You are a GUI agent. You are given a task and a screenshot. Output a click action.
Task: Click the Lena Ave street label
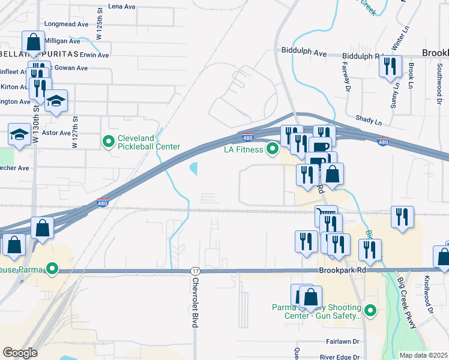click(x=123, y=6)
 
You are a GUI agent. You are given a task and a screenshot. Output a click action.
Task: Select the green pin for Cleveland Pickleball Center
click(x=109, y=142)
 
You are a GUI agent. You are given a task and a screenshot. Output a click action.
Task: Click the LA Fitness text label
click(x=244, y=149)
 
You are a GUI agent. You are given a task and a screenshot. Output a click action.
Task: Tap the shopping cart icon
click(x=326, y=214)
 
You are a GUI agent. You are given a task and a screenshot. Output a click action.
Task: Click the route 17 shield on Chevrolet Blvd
click(x=195, y=271)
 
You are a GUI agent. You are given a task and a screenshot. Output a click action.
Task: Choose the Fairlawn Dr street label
click(x=343, y=341)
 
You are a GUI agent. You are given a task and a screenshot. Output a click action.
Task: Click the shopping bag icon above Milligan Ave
click(x=32, y=42)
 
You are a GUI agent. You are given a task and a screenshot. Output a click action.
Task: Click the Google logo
click(x=20, y=353)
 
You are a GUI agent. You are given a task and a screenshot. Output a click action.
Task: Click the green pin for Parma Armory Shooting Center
click(x=370, y=311)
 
